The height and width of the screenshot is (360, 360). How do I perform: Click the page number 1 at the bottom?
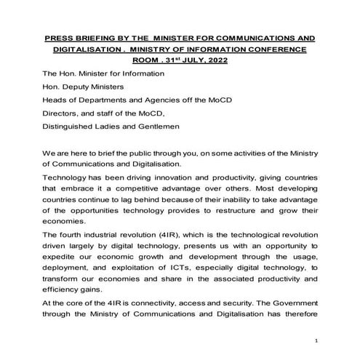317,341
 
